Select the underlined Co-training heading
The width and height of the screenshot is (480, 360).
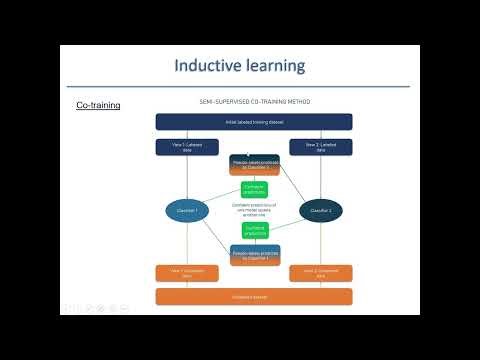pyautogui.click(x=98, y=105)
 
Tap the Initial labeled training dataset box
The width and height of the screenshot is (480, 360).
pyautogui.click(x=254, y=122)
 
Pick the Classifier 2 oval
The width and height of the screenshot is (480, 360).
pyautogui.click(x=321, y=211)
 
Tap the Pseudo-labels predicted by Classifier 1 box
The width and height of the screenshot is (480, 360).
pyautogui.click(x=254, y=255)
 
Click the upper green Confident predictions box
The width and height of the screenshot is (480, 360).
pyautogui.click(x=254, y=188)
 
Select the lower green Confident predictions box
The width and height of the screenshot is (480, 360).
pyautogui.click(x=254, y=230)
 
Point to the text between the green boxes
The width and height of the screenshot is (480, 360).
pyautogui.click(x=254, y=209)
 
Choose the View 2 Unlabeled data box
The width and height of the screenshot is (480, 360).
pyautogui.click(x=321, y=273)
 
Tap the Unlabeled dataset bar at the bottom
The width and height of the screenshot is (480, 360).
pyautogui.click(x=254, y=296)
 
